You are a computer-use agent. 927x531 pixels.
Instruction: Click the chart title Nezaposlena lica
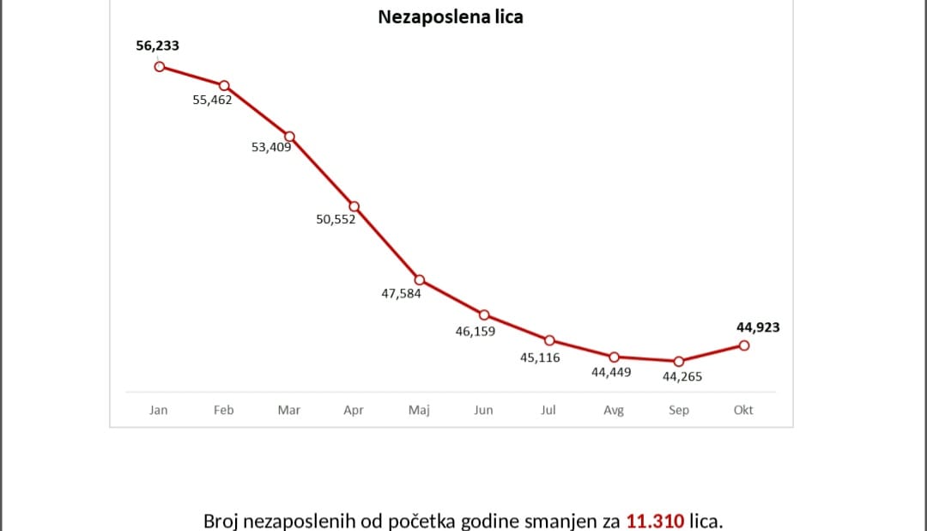pos(451,16)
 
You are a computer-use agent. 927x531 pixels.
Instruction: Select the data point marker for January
pos(159,66)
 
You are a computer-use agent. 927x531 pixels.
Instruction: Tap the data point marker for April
pos(354,206)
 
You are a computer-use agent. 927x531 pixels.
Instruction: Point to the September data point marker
pos(679,362)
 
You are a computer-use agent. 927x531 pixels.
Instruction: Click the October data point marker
pos(744,345)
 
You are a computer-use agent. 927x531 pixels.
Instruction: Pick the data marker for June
pos(484,314)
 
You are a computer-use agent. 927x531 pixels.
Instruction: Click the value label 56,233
pos(158,46)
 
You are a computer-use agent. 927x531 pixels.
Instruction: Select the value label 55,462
pos(212,100)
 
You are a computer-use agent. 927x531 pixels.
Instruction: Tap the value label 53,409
pos(271,147)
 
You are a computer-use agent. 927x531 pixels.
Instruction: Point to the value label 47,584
pos(401,293)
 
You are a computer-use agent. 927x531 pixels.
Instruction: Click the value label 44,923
pos(758,327)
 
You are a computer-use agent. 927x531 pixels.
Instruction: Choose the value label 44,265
pos(682,375)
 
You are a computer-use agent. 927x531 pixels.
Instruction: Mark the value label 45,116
pos(540,357)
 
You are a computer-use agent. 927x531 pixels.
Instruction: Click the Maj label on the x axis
pos(419,410)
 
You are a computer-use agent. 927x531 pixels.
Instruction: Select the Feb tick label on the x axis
pos(224,410)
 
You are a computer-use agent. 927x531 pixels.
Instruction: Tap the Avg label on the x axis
pos(614,410)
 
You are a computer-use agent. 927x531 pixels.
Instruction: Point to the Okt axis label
pos(743,410)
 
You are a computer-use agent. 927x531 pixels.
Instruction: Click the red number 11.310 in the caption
pos(656,521)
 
